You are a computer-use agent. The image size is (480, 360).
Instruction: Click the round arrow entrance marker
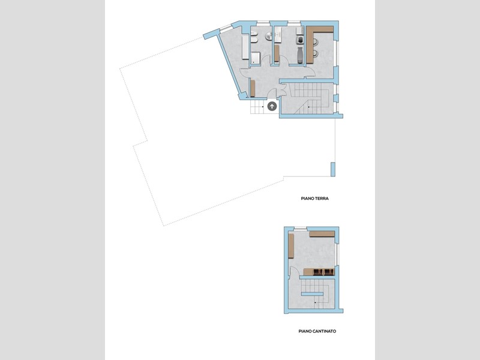(x=272, y=106)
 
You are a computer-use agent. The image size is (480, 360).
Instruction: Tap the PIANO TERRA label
(x=314, y=199)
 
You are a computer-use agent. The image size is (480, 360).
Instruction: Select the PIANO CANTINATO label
(x=317, y=331)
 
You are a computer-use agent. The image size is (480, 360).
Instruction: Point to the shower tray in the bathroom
(x=256, y=58)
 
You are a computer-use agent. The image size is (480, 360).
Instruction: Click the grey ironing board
(x=300, y=55)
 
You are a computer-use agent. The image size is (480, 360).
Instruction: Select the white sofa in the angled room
(x=245, y=47)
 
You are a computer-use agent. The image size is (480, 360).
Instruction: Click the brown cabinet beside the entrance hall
(x=253, y=88)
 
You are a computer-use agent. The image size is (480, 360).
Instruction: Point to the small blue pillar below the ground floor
(x=333, y=170)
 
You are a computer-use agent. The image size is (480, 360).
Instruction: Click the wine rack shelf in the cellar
(x=319, y=272)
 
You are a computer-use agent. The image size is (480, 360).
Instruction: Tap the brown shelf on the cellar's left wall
(x=291, y=246)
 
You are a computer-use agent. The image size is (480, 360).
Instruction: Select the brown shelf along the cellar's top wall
(x=322, y=234)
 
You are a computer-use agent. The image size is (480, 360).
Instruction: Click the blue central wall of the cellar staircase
(x=312, y=294)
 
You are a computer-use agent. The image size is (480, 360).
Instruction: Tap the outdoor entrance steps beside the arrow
(x=257, y=107)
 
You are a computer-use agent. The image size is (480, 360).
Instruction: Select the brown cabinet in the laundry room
(x=277, y=53)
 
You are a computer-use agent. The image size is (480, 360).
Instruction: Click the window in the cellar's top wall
(x=301, y=228)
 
